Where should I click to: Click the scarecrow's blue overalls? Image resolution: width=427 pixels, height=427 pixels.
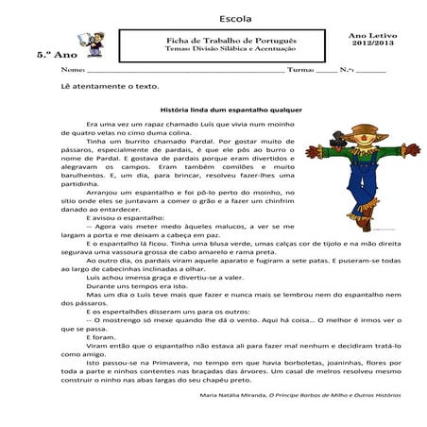[358, 194]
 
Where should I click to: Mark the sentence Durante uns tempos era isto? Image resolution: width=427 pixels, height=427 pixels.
[132, 284]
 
